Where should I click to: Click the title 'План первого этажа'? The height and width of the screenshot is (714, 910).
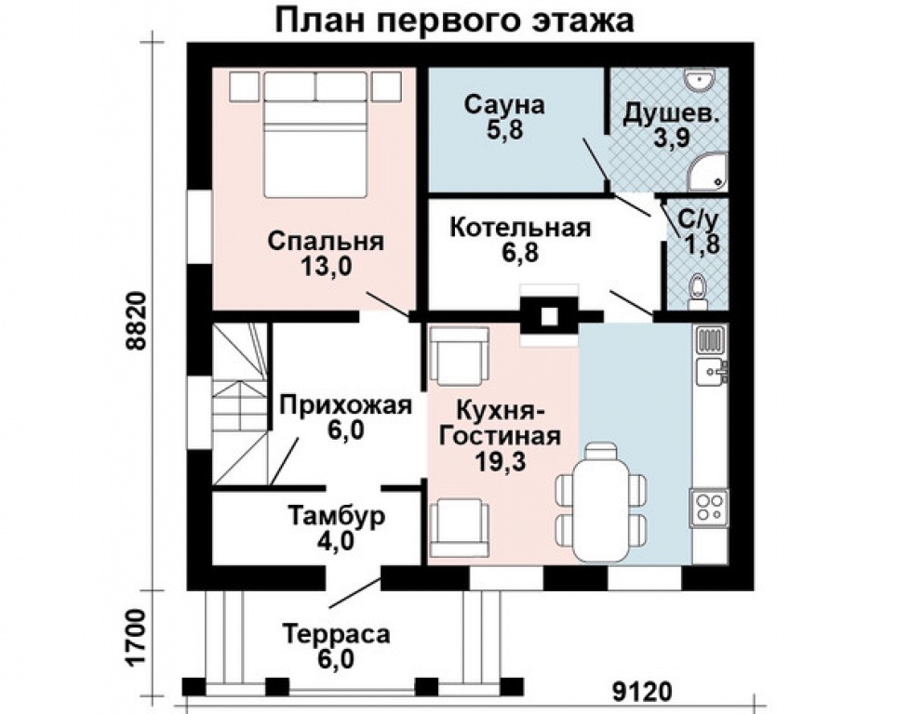tap(454, 20)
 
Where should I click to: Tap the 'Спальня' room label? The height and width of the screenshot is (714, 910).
tap(325, 241)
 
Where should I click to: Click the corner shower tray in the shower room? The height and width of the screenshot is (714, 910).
tap(710, 173)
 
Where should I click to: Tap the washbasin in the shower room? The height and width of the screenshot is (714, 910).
tap(699, 81)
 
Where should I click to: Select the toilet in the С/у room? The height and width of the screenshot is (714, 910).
tap(695, 289)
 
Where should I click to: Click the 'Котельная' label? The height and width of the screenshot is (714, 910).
tap(519, 228)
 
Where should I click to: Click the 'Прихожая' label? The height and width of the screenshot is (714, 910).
tap(345, 405)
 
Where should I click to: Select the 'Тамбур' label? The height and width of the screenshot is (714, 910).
tap(334, 516)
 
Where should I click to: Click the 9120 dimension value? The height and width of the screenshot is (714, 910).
tap(642, 693)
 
